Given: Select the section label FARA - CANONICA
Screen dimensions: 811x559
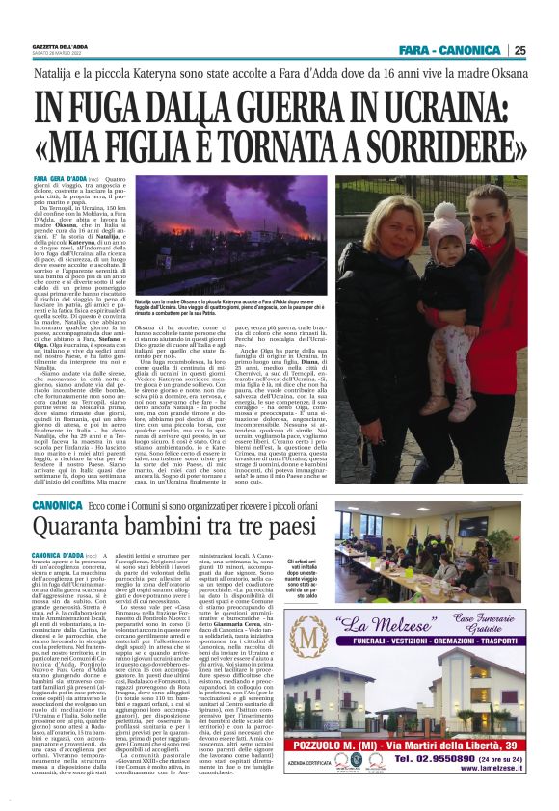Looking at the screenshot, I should [459, 50].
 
